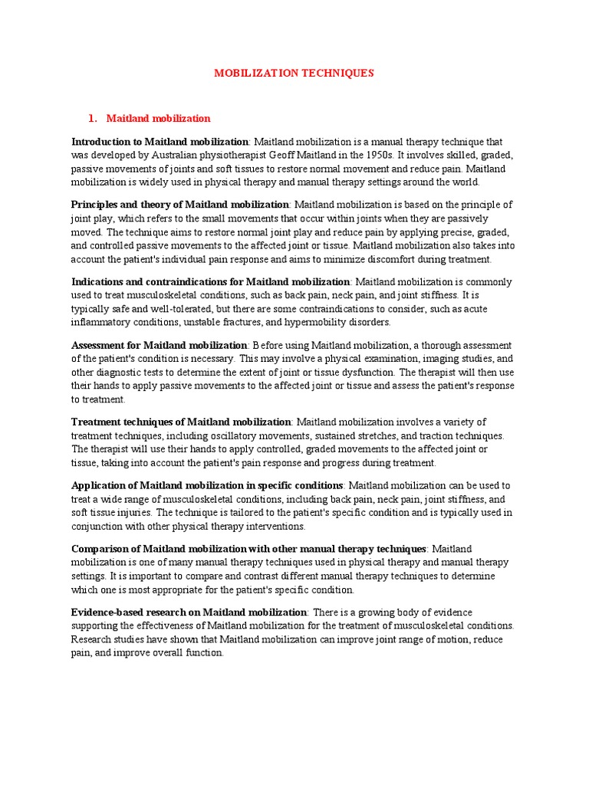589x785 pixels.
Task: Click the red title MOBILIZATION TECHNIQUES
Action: (x=294, y=73)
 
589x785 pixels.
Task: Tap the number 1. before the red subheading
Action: (x=93, y=118)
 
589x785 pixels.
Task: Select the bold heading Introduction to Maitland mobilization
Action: (x=160, y=142)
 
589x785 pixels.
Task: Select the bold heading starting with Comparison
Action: (x=248, y=549)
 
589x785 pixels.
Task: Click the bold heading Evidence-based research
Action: (x=189, y=612)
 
